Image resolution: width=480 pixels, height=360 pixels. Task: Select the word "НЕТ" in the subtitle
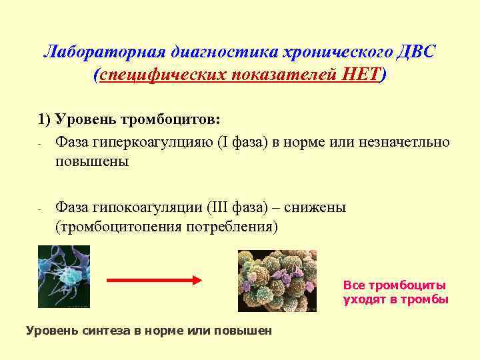coord(359,75)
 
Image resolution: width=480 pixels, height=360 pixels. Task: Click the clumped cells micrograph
coord(277,281)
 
